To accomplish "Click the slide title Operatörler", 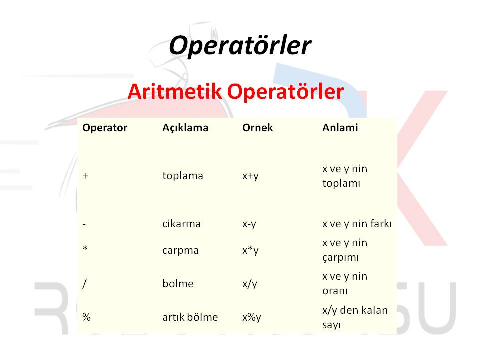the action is (240, 45).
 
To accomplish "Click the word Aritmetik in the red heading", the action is (175, 91).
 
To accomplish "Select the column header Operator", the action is (105, 127).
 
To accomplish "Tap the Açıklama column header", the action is (185, 127).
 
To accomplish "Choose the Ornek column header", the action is (258, 127).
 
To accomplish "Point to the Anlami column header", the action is (340, 127).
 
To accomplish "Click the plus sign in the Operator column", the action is (85, 176).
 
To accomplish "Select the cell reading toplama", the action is (183, 176).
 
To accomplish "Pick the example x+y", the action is (250, 176).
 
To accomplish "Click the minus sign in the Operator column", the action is (84, 224).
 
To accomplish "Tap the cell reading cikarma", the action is (181, 224).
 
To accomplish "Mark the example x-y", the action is (249, 224).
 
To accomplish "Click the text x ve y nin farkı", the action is (357, 224).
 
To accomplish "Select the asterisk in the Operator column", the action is (85, 248).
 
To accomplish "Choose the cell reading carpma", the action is (180, 251).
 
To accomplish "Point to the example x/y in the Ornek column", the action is (250, 284).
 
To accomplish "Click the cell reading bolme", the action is (178, 284).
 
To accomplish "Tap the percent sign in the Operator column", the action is (86, 317).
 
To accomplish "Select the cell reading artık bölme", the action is (190, 317).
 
